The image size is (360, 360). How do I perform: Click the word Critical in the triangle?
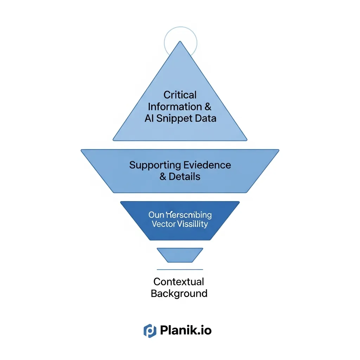click(x=180, y=95)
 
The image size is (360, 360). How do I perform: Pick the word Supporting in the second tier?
click(x=155, y=165)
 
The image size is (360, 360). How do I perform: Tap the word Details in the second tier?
click(x=185, y=176)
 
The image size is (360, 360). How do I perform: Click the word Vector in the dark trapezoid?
click(x=163, y=224)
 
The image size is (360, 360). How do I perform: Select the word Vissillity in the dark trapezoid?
click(x=193, y=224)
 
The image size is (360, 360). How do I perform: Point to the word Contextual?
click(x=179, y=282)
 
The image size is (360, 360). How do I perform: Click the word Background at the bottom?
click(x=179, y=293)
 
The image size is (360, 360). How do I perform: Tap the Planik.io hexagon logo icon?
click(x=149, y=330)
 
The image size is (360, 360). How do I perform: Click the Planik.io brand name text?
click(x=186, y=330)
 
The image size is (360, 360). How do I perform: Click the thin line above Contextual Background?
click(x=180, y=270)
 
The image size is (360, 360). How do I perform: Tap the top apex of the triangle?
click(x=180, y=43)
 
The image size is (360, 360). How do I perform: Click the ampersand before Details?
click(x=163, y=176)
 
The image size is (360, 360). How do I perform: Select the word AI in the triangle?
click(x=149, y=118)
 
